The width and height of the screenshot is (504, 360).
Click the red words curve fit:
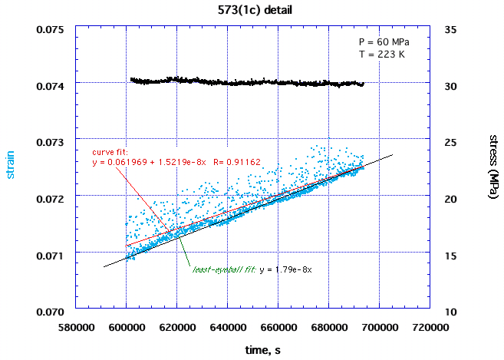pos(110,152)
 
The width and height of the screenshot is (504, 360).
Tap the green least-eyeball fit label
pos(223,270)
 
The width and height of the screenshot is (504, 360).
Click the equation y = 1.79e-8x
pos(286,270)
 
